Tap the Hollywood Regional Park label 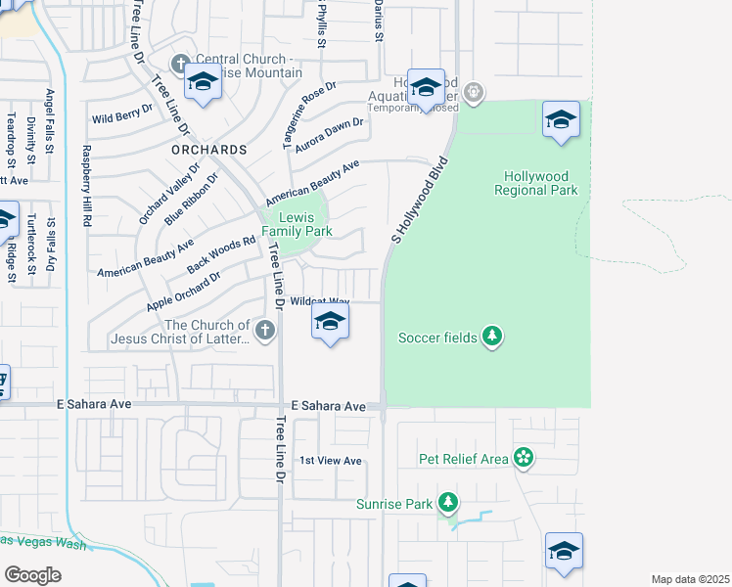[536, 183]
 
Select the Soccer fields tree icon [492, 338]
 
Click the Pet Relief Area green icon [524, 457]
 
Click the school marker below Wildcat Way [331, 323]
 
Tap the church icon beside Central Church [179, 65]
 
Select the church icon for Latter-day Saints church [264, 332]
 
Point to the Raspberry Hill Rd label [86, 187]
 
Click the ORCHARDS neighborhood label [208, 150]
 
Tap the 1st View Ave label [331, 461]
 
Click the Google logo [32, 574]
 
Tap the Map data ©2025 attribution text [690, 579]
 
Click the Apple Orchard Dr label [183, 292]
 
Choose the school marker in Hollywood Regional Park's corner [560, 120]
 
